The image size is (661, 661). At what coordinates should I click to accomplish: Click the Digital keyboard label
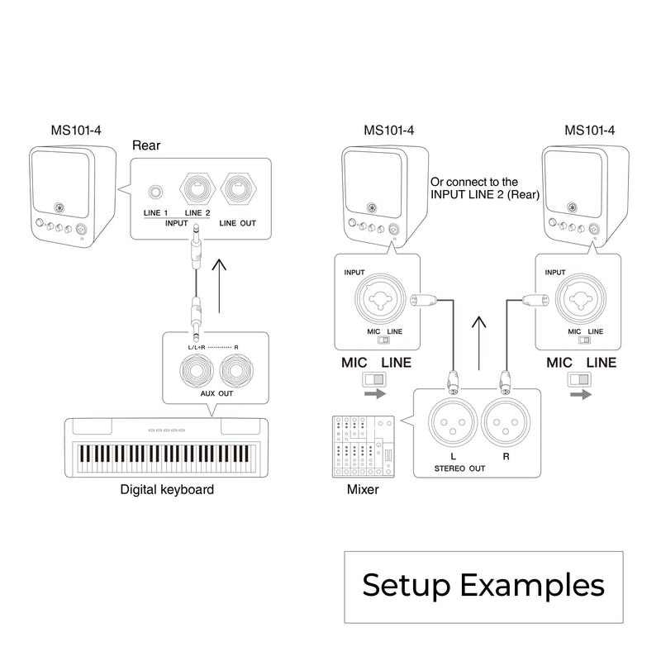point(167,489)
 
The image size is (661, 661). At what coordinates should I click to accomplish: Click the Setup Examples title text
point(483,585)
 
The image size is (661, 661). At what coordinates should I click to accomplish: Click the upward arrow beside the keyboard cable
point(219,285)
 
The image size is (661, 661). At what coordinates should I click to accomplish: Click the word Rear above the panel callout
point(147,145)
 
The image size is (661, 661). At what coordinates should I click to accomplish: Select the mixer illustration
point(363,447)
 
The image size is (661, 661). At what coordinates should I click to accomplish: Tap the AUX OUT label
point(216,394)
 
